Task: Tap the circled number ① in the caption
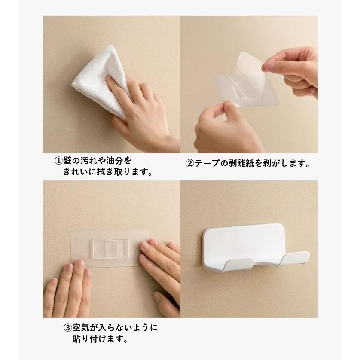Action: point(58,161)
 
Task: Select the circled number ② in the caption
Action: point(190,164)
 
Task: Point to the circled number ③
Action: point(67,328)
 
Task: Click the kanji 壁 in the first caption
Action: point(67,161)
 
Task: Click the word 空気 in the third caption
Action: point(81,328)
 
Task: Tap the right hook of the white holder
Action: point(295,258)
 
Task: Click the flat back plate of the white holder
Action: point(244,244)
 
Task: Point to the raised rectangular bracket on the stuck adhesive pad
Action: point(111,249)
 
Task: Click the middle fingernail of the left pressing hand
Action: point(79,264)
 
